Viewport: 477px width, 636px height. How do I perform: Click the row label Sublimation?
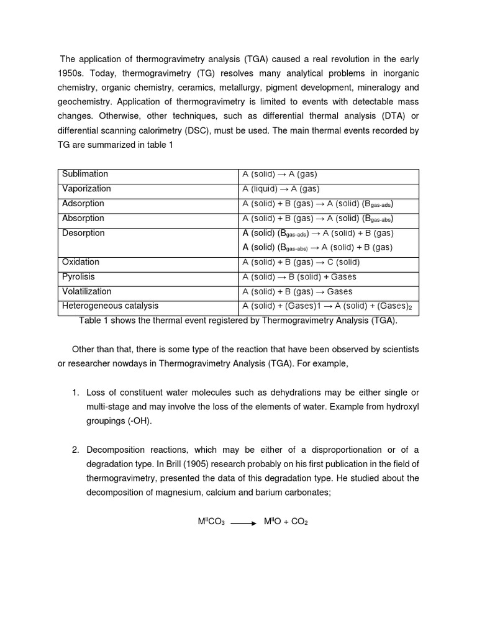pos(85,175)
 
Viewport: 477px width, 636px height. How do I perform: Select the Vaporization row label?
pos(86,189)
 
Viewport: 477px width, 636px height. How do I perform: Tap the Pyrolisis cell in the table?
pos(78,277)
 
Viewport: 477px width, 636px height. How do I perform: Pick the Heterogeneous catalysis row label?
pos(110,306)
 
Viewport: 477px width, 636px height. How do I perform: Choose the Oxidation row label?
pos(81,263)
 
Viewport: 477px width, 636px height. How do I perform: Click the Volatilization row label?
pos(87,291)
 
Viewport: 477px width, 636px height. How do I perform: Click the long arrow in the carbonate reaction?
pos(243,523)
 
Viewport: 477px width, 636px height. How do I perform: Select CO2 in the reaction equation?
pos(300,522)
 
